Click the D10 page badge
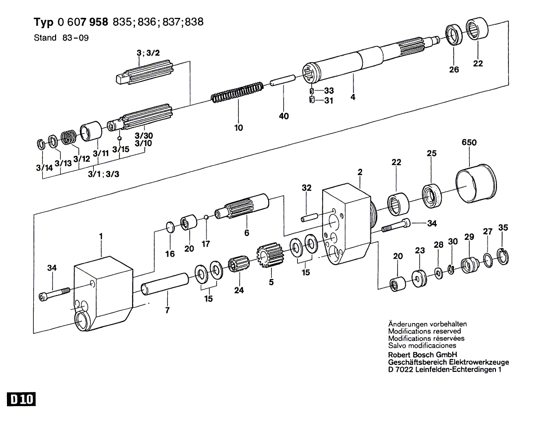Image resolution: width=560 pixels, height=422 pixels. [x=21, y=399]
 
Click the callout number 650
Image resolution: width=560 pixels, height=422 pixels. [x=469, y=142]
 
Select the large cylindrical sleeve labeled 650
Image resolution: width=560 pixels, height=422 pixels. [x=477, y=183]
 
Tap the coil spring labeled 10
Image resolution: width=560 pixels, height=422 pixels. [x=237, y=92]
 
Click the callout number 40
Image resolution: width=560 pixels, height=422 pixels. [x=283, y=116]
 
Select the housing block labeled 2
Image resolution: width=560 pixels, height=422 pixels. [x=347, y=224]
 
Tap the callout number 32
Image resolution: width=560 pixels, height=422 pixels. [x=306, y=188]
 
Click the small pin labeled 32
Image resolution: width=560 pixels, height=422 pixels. [x=309, y=217]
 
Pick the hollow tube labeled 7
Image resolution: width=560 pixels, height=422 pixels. [x=165, y=284]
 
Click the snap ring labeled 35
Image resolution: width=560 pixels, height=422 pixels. [x=503, y=256]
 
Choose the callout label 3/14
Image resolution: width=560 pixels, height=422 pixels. [x=44, y=167]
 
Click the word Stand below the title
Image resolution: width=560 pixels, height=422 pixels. [x=45, y=38]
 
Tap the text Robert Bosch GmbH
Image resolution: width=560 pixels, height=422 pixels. [x=422, y=355]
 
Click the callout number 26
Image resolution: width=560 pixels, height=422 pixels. [x=454, y=70]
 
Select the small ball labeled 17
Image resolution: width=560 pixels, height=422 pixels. [x=206, y=217]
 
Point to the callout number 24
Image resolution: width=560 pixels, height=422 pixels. [x=239, y=290]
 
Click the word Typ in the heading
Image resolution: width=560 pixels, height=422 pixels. [x=44, y=22]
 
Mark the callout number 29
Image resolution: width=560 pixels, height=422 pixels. [x=469, y=237]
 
